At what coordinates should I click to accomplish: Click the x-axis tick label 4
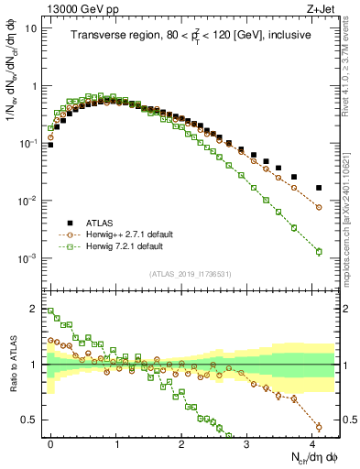(x=312, y=442)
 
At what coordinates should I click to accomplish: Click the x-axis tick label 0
(x=50, y=442)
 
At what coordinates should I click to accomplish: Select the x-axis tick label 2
(x=181, y=442)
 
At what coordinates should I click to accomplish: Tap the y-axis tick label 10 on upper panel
(x=31, y=27)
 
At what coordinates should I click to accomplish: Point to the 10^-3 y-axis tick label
(x=27, y=258)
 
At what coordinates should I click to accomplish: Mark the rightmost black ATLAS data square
(x=319, y=188)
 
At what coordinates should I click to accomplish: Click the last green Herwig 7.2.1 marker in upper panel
(x=319, y=251)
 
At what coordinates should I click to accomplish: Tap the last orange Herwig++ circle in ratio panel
(x=319, y=427)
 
